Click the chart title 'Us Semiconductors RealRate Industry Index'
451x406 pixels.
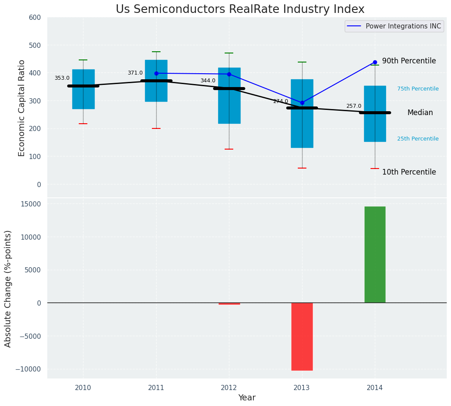coord(240,9)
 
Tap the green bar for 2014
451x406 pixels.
coord(375,254)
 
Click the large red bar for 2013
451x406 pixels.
coord(302,336)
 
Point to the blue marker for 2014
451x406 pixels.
coord(375,62)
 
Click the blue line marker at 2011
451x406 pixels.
coord(156,73)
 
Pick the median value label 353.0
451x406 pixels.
coord(62,78)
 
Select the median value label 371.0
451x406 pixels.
coord(135,73)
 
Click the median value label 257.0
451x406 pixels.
coord(354,106)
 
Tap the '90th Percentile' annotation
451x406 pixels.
coord(409,61)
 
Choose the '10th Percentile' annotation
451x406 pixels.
coord(409,172)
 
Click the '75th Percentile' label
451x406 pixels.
coord(418,89)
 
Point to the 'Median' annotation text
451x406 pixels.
coord(420,112)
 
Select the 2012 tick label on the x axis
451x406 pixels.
coord(229,388)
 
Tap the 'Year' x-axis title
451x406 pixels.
coord(247,398)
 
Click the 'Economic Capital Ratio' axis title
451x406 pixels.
coord(22,108)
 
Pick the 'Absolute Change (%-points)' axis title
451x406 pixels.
coord(8,288)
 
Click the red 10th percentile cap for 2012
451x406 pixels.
coord(229,149)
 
